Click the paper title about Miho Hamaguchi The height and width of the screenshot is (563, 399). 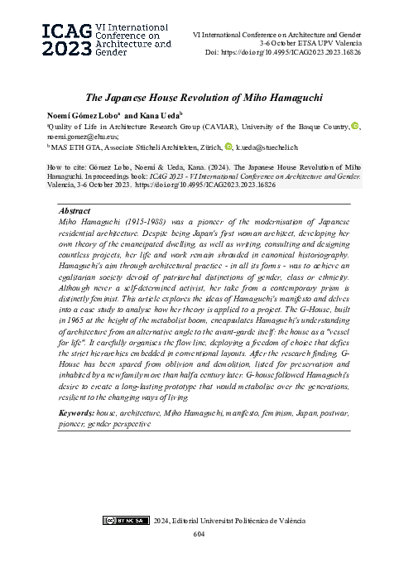(199, 96)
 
